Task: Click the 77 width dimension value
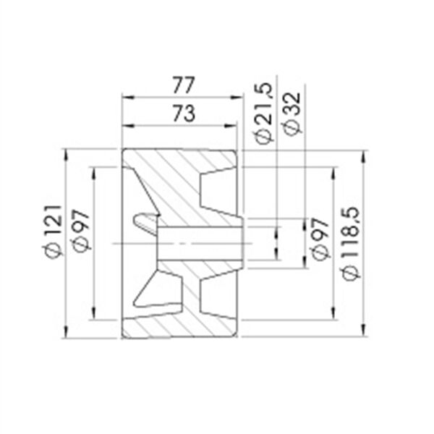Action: (184, 85)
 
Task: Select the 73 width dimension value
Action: (184, 114)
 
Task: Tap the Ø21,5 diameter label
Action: (263, 114)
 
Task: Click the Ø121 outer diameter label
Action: (54, 231)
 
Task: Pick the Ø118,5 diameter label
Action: (351, 244)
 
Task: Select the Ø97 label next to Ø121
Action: (82, 231)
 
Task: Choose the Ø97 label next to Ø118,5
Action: (320, 239)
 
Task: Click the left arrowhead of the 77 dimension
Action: (128, 98)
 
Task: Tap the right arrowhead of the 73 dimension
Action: (231, 126)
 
